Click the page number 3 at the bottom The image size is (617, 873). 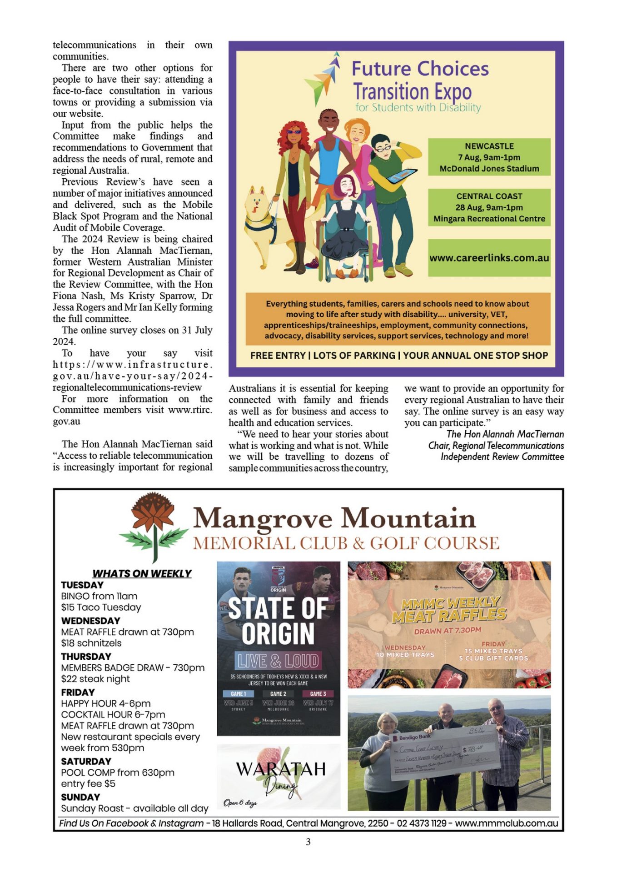[x=308, y=842]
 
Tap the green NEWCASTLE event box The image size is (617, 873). [x=489, y=157]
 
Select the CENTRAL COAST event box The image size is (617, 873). [x=489, y=207]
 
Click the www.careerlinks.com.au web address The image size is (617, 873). [x=489, y=258]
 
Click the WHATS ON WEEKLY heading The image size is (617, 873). [x=142, y=573]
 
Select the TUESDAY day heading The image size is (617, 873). [x=82, y=585]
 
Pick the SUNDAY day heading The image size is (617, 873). [x=80, y=797]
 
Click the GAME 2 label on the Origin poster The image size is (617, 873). [x=278, y=694]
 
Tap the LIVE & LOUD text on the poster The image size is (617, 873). [x=278, y=661]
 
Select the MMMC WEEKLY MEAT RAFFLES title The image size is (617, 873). [x=449, y=609]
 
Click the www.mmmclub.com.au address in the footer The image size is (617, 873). [x=506, y=823]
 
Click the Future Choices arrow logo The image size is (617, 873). [x=323, y=77]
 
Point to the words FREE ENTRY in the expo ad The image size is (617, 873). [x=278, y=356]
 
